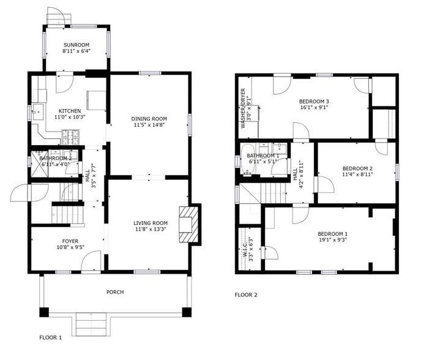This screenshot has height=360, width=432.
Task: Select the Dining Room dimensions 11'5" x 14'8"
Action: click(149, 125)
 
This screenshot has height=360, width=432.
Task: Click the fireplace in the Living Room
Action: click(189, 225)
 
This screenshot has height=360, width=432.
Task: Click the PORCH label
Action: click(114, 292)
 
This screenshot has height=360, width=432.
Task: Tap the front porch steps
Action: click(91, 322)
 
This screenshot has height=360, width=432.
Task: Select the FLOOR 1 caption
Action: click(51, 337)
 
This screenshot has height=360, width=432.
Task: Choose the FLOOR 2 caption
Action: click(246, 295)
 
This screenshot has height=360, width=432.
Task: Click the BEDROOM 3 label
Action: click(314, 101)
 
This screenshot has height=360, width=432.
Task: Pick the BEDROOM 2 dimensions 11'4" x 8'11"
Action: click(357, 174)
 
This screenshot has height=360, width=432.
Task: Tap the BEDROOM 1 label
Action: click(332, 234)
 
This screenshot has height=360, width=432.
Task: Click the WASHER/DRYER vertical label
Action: click(243, 108)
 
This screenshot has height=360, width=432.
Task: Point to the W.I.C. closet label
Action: click(245, 249)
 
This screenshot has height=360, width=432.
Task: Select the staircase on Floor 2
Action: click(274, 195)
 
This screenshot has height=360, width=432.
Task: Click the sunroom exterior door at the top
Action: click(55, 17)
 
